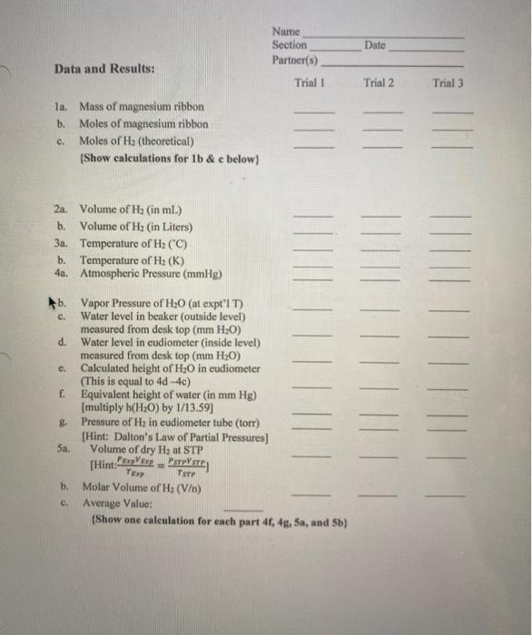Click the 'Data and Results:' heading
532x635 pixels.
tap(103, 69)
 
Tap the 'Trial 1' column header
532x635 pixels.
tap(310, 83)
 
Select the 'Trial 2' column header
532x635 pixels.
tap(379, 83)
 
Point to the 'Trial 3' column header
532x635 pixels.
tap(448, 83)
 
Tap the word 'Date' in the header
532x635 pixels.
tap(375, 44)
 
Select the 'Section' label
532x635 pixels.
tap(290, 44)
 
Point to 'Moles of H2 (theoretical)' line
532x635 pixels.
tap(137, 141)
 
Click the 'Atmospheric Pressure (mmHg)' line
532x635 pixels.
tap(152, 272)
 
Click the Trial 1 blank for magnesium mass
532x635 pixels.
tap(313, 112)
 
